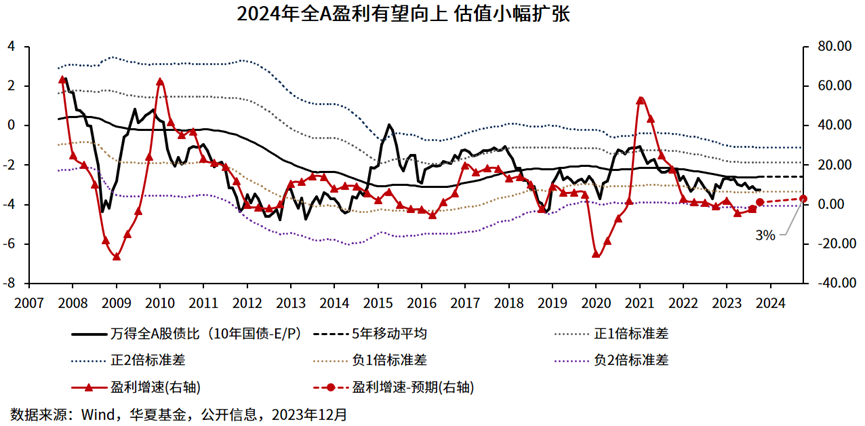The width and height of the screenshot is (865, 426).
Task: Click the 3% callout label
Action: click(x=766, y=237)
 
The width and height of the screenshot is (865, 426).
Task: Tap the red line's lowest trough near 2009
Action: click(x=116, y=257)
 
